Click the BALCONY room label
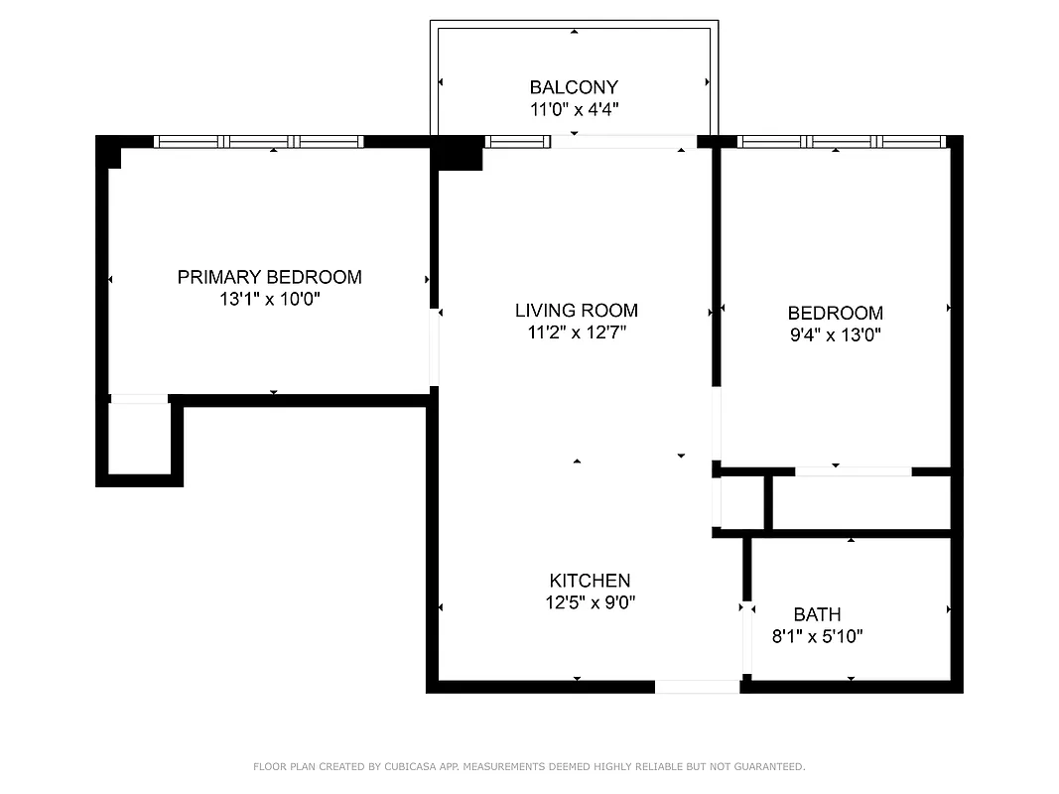pyautogui.click(x=574, y=87)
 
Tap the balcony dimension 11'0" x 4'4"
pyautogui.click(x=574, y=110)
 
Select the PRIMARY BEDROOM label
pyautogui.click(x=269, y=277)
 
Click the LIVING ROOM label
pyautogui.click(x=576, y=311)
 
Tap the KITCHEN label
pyautogui.click(x=590, y=581)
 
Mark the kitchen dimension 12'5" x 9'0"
pyautogui.click(x=590, y=602)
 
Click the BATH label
pyautogui.click(x=817, y=614)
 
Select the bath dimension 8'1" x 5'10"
pyautogui.click(x=817, y=637)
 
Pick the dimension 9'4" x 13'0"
pyautogui.click(x=834, y=335)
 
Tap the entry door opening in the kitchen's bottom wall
pyautogui.click(x=697, y=686)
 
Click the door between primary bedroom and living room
pyautogui.click(x=434, y=347)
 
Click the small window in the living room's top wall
pyautogui.click(x=517, y=142)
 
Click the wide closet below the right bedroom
pyautogui.click(x=860, y=503)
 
